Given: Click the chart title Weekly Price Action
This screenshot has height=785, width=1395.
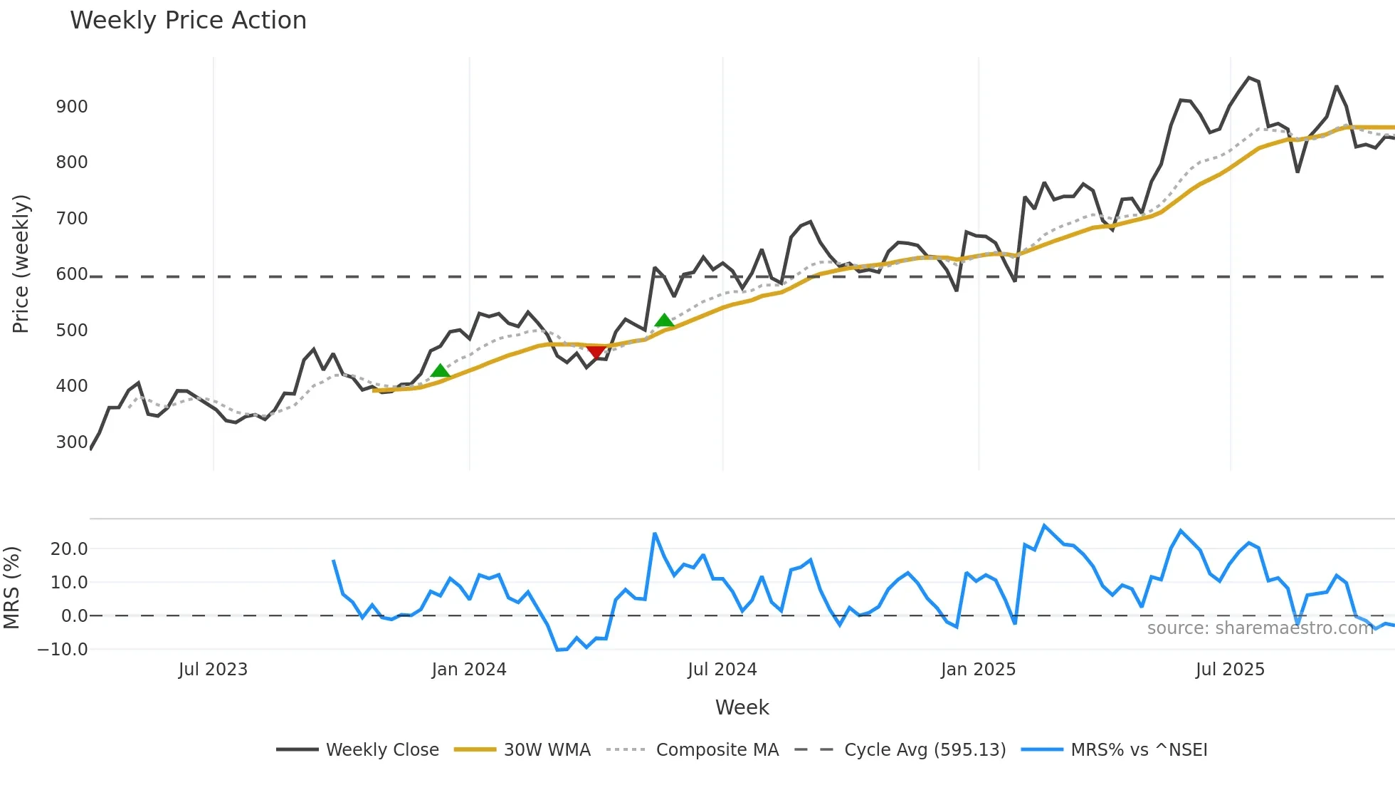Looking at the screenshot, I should pos(188,21).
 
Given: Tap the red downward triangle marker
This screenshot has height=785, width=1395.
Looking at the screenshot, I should pos(596,352).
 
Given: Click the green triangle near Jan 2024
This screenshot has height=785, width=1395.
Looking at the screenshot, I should pos(441,370).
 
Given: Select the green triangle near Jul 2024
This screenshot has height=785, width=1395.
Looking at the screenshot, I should pos(664,321).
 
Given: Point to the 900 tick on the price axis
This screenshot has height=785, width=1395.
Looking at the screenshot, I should pos(72,107).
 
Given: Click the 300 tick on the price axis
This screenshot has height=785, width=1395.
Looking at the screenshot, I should pos(72,442).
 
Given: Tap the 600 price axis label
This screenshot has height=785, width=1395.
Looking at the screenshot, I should pos(72,274).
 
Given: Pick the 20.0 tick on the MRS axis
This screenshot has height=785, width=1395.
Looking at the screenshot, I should pos(69,549).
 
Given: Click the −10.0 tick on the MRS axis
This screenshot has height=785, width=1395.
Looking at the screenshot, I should pos(63,650).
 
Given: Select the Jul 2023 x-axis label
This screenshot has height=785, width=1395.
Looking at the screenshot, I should pos(213,670).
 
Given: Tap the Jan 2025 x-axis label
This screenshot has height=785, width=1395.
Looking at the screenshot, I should pos(978,670).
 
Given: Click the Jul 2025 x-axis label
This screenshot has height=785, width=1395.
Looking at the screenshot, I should pos(1230,670).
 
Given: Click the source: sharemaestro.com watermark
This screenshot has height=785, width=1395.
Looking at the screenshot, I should pos(1260,628).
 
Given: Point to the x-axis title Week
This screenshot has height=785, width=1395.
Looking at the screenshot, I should pos(742,707).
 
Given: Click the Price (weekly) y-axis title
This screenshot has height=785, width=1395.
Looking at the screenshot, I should pos(21,264).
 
